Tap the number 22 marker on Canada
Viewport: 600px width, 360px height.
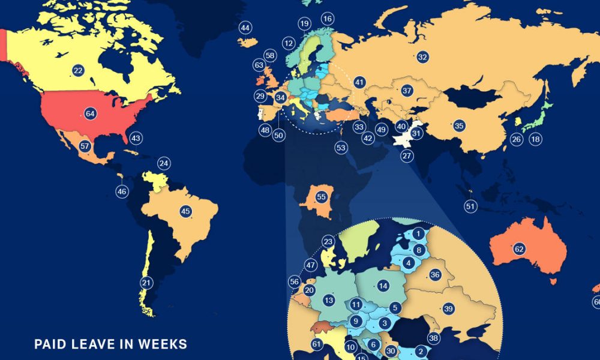(x=78, y=70)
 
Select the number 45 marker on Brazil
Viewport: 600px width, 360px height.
(x=185, y=211)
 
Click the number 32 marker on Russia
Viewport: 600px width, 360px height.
(x=422, y=57)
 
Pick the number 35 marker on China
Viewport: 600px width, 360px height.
(x=459, y=125)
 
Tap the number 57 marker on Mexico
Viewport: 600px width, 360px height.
(x=85, y=146)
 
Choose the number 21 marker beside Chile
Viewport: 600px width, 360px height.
(x=145, y=283)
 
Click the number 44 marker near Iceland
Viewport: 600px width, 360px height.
(x=245, y=28)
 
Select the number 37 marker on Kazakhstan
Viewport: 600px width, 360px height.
(x=407, y=91)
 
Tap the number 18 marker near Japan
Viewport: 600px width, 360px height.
(x=535, y=140)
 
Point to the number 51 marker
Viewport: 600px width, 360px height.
(x=470, y=206)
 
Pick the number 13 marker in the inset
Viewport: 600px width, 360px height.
(x=329, y=300)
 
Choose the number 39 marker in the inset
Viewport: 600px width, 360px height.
(x=448, y=308)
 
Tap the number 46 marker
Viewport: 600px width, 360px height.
(x=122, y=191)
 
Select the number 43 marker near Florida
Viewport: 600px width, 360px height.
(x=136, y=138)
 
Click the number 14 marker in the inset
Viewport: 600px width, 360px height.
(x=383, y=286)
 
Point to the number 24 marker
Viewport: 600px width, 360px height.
(x=164, y=163)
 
